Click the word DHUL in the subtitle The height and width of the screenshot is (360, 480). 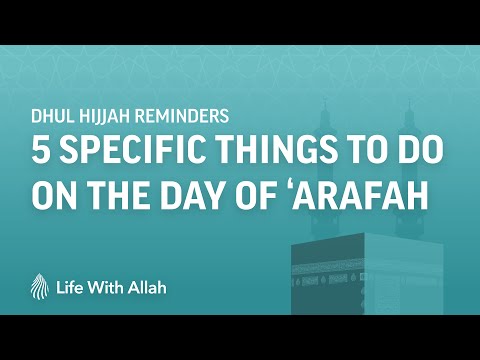coord(53,116)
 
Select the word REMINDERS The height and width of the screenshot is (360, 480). coord(183,116)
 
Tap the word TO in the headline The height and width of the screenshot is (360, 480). coord(369,149)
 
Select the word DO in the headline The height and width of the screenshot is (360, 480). coord(423,149)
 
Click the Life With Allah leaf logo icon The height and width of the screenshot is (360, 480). coord(40,286)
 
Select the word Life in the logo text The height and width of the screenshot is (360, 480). coord(70,288)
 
